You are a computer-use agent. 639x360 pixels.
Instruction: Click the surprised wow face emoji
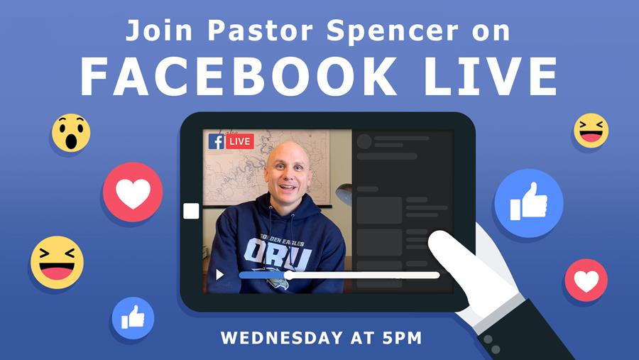71,133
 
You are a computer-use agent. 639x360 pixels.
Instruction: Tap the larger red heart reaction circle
133,192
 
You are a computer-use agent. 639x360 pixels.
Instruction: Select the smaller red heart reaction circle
586,280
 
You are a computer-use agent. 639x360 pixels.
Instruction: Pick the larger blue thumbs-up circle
528,203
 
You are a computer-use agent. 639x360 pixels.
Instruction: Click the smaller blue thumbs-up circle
133,318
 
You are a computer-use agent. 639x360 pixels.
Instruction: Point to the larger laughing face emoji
57,262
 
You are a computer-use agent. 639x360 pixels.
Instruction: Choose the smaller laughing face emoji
591,131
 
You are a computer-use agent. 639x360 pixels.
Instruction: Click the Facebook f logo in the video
216,141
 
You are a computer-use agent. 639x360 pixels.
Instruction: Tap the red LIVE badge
240,141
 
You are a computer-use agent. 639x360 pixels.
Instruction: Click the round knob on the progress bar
288,276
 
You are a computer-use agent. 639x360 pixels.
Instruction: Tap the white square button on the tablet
191,211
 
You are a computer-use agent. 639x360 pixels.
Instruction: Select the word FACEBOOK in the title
239,76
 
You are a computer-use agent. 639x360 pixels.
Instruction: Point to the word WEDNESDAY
282,338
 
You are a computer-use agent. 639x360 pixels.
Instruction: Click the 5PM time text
402,338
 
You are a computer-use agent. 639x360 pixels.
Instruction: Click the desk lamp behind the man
344,194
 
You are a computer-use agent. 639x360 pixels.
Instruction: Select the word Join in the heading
158,31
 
